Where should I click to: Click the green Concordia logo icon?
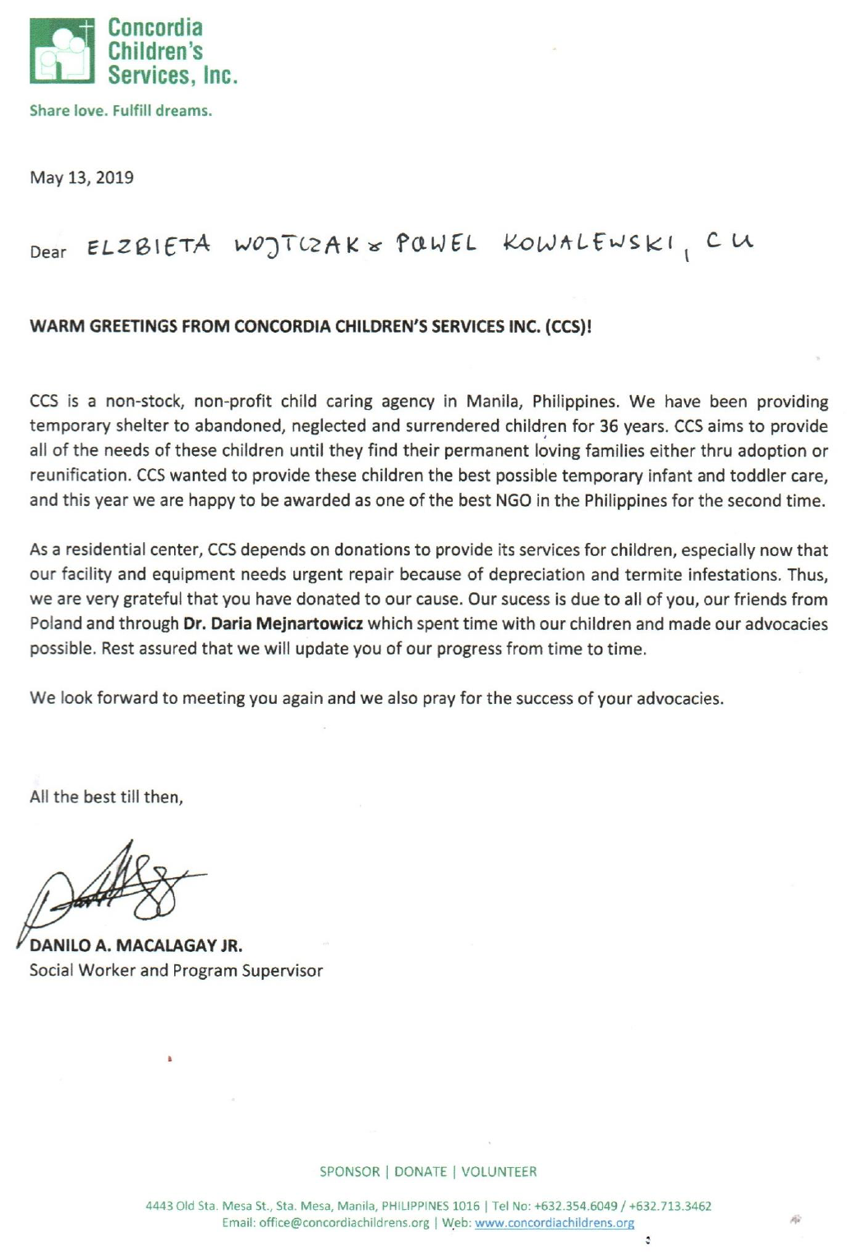click(x=62, y=51)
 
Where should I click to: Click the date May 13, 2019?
click(x=81, y=177)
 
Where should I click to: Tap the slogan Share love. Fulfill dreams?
click(x=121, y=111)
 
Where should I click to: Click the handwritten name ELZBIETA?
click(x=149, y=246)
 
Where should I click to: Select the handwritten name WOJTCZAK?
click(x=297, y=246)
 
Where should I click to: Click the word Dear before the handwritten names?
click(x=48, y=252)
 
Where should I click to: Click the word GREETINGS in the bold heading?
click(x=134, y=326)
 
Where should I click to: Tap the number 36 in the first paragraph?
click(x=608, y=426)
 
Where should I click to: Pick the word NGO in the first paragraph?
click(x=513, y=500)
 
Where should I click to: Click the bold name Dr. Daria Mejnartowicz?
click(x=273, y=623)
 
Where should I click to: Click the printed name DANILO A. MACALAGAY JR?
click(x=136, y=945)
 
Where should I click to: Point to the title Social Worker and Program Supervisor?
click(x=176, y=970)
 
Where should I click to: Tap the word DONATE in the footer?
click(x=421, y=1171)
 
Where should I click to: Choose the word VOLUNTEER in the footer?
click(x=499, y=1171)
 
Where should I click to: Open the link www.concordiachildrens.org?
click(x=555, y=1223)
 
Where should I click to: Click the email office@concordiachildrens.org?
click(x=343, y=1223)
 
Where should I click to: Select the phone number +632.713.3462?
click(x=670, y=1206)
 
